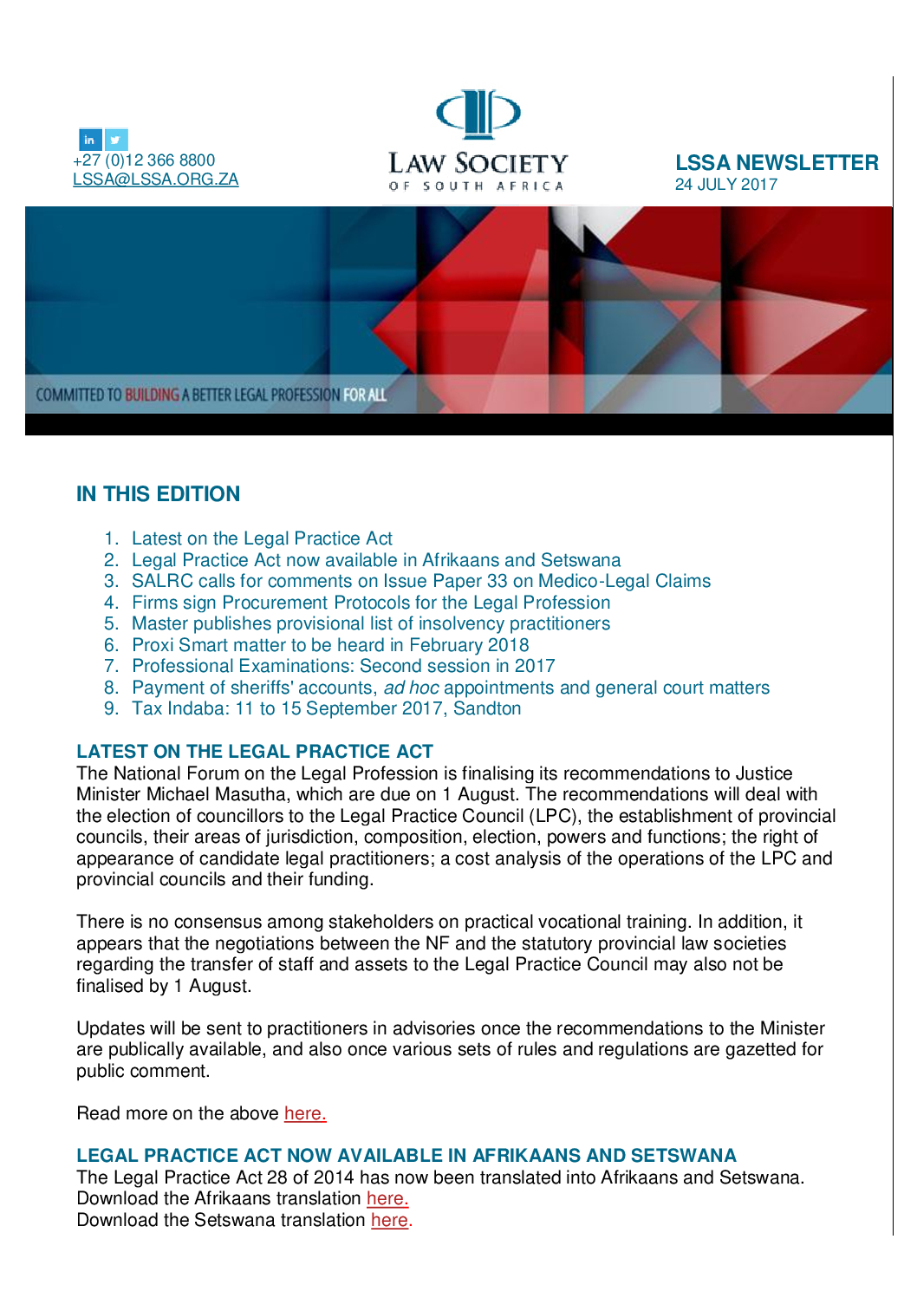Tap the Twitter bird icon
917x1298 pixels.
pos(116,140)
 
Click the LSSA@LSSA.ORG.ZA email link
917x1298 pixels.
pos(155,179)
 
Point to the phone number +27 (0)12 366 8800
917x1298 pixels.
pos(144,160)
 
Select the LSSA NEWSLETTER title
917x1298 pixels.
pos(777,163)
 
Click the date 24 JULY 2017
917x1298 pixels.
pos(725,185)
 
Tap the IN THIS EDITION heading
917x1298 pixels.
pos(158,494)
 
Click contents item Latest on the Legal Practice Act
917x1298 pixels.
pos(262,538)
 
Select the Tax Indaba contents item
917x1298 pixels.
pos(326,708)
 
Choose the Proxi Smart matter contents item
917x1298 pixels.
pos(330,645)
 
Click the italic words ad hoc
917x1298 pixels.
pos(411,688)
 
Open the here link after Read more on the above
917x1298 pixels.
pos(305,1113)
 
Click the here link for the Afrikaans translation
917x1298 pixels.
pos(387,1198)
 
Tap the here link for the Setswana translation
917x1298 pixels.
pos(391,1220)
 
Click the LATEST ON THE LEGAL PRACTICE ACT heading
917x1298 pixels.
pos(255,752)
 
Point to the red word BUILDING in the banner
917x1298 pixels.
pos(152,395)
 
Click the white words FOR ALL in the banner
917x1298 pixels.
pos(365,395)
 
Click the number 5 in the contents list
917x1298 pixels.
pos(110,623)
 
